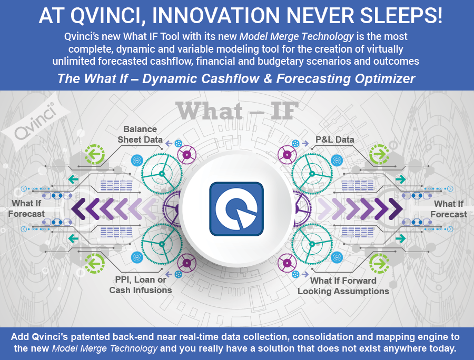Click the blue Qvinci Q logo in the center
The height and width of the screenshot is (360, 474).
236,209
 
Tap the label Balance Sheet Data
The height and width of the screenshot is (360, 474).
140,134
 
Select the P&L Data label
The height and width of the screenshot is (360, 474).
334,139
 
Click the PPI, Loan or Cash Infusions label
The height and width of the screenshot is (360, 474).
141,285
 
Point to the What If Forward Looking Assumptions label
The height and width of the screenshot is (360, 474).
343,286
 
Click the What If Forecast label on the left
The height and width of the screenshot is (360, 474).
26,208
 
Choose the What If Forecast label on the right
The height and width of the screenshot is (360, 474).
449,209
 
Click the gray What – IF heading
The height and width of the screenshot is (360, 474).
237,111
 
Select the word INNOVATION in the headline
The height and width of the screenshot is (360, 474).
216,16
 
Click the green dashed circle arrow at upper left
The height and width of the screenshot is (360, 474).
94,154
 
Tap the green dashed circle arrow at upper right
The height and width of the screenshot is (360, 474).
379,154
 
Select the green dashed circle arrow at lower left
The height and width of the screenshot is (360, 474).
94,263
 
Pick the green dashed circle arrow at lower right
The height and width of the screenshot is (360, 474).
379,263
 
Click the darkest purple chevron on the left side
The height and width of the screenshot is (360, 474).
78,209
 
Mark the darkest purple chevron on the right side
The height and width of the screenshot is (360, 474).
396,209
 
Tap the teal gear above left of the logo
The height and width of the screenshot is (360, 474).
162,174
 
